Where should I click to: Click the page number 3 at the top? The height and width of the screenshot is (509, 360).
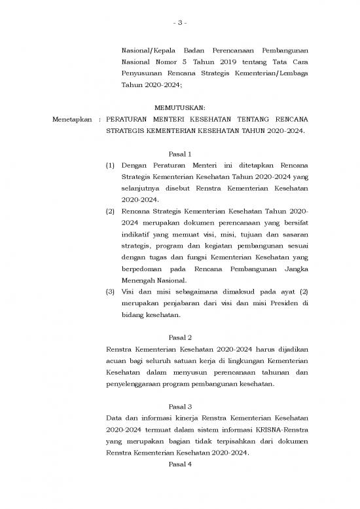180,24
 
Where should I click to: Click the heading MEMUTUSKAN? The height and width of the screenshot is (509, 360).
180,107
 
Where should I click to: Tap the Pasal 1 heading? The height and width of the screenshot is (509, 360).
180,154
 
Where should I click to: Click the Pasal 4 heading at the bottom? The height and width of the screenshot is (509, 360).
180,464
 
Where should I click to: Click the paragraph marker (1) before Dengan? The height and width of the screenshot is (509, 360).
111,166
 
